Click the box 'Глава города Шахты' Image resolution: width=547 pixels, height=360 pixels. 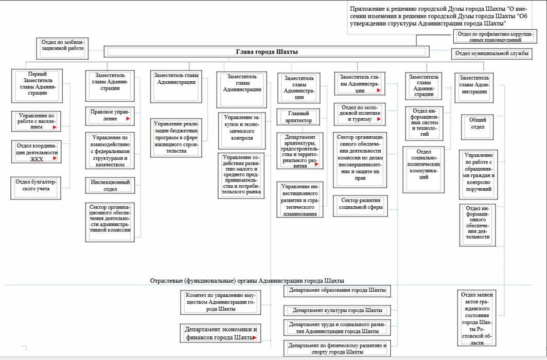[x=267, y=51]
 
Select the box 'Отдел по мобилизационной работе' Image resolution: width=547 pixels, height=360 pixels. [x=62, y=45]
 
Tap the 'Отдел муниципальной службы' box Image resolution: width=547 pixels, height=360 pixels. [x=491, y=53]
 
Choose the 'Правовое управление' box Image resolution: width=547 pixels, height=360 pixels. [x=110, y=115]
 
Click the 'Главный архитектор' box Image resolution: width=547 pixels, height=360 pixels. [x=298, y=117]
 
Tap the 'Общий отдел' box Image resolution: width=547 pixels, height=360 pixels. [x=477, y=123]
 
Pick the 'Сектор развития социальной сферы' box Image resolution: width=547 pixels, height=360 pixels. [x=360, y=204]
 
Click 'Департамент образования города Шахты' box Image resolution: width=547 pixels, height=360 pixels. [x=337, y=291]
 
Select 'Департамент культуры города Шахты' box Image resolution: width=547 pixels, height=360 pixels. [x=337, y=311]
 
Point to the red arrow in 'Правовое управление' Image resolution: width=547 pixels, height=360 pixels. [x=128, y=119]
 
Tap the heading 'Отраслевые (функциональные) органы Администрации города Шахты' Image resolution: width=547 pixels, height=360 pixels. [x=247, y=281]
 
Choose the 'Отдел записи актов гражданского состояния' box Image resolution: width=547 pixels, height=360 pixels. [x=478, y=319]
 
